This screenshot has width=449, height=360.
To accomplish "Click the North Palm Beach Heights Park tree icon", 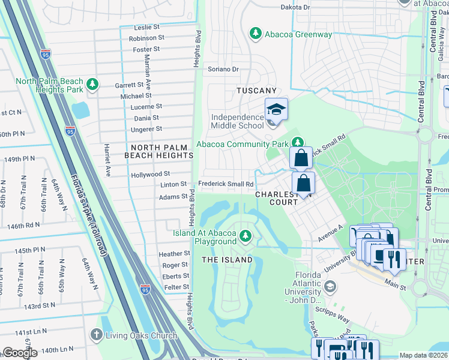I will click(92, 84).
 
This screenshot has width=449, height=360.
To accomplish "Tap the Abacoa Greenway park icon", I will click(256, 33).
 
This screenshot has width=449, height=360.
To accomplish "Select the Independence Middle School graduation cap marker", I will click(276, 110).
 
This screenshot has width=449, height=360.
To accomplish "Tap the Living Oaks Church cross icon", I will click(95, 334).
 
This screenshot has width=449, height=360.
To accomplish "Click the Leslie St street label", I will click(147, 28).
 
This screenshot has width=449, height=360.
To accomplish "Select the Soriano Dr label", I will click(223, 69).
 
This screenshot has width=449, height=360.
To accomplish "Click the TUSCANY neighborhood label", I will click(256, 91).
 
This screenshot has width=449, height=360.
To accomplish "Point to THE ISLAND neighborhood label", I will click(226, 260).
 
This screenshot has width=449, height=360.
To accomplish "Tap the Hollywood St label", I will click(151, 175).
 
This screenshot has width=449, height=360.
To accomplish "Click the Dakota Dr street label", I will click(295, 7).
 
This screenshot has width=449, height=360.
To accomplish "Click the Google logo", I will click(20, 353).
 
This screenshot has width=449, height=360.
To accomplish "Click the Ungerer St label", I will click(146, 129).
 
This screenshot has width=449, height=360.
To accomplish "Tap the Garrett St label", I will click(130, 85).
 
